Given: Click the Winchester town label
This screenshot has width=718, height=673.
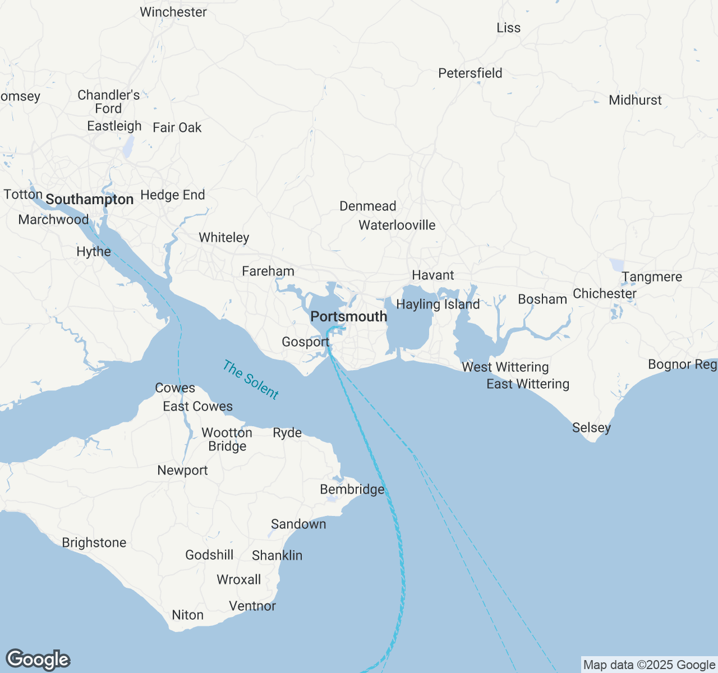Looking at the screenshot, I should [173, 12].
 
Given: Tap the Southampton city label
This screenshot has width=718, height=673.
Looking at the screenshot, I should [89, 199].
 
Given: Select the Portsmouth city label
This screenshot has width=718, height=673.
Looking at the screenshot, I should [348, 316].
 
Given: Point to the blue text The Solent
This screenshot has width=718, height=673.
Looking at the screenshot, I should [250, 380].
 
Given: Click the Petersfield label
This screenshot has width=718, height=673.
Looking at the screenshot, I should [470, 73].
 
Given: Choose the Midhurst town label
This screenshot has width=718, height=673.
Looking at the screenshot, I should [635, 100].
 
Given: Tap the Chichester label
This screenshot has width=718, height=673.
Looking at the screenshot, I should [604, 293].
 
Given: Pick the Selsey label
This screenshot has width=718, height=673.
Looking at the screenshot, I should [591, 427].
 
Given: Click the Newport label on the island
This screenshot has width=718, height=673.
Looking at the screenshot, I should [182, 470].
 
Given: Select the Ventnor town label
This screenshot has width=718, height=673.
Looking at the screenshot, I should [252, 606].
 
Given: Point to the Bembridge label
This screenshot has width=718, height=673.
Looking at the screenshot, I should [352, 489].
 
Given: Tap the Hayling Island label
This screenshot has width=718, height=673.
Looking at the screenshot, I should [438, 304].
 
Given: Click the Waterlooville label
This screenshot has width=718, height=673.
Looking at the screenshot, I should [397, 225].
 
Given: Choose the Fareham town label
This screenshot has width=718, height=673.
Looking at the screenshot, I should [268, 271].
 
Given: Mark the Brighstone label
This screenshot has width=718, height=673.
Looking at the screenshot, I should [94, 542].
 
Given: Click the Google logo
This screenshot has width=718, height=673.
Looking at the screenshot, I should [38, 660].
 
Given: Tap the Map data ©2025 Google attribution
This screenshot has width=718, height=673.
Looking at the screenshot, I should [649, 665].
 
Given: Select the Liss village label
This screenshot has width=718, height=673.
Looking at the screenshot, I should [508, 27].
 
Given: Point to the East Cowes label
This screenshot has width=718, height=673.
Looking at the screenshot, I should [197, 406].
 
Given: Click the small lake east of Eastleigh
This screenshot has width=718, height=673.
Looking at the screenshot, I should [128, 147].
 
